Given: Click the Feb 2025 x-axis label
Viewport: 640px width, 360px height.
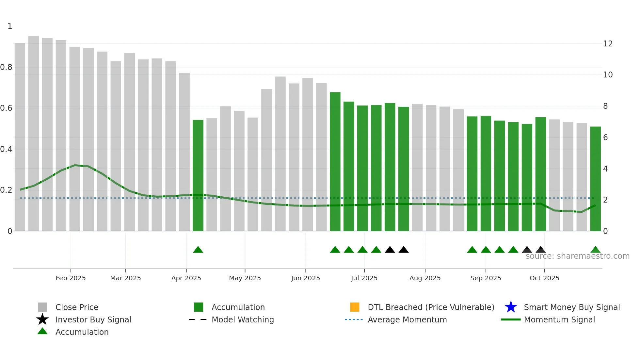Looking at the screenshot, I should coord(71,278).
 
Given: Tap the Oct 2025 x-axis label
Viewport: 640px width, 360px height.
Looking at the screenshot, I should coord(544,278).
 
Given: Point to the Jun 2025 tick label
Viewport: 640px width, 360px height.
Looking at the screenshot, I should coord(305,278).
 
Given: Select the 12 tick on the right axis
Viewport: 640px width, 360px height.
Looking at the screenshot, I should coord(608,44).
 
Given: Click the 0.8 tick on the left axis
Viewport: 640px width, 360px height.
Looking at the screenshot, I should coord(6,67).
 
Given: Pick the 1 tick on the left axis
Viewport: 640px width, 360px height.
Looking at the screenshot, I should coord(10,26).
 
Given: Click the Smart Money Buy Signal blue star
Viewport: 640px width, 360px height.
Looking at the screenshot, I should coord(511,307).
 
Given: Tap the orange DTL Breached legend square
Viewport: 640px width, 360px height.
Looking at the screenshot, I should coord(355,307).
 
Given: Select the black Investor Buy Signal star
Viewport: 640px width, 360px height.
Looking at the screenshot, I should coord(42,319).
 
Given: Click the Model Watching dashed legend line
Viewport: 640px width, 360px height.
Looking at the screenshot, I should coord(198,319).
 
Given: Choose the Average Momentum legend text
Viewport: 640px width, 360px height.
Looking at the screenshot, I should coord(407,319).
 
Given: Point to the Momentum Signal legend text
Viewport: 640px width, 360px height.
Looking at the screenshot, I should coord(559,319).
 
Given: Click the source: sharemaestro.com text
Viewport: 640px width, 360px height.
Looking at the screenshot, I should coord(577,256).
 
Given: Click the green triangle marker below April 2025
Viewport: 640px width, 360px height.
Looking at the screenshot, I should coord(198,250).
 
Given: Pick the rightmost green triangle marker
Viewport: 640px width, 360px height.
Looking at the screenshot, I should coord(595,250).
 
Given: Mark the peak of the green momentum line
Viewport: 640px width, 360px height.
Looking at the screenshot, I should coord(75,165).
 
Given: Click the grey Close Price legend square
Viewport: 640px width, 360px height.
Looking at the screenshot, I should coord(42,307).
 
